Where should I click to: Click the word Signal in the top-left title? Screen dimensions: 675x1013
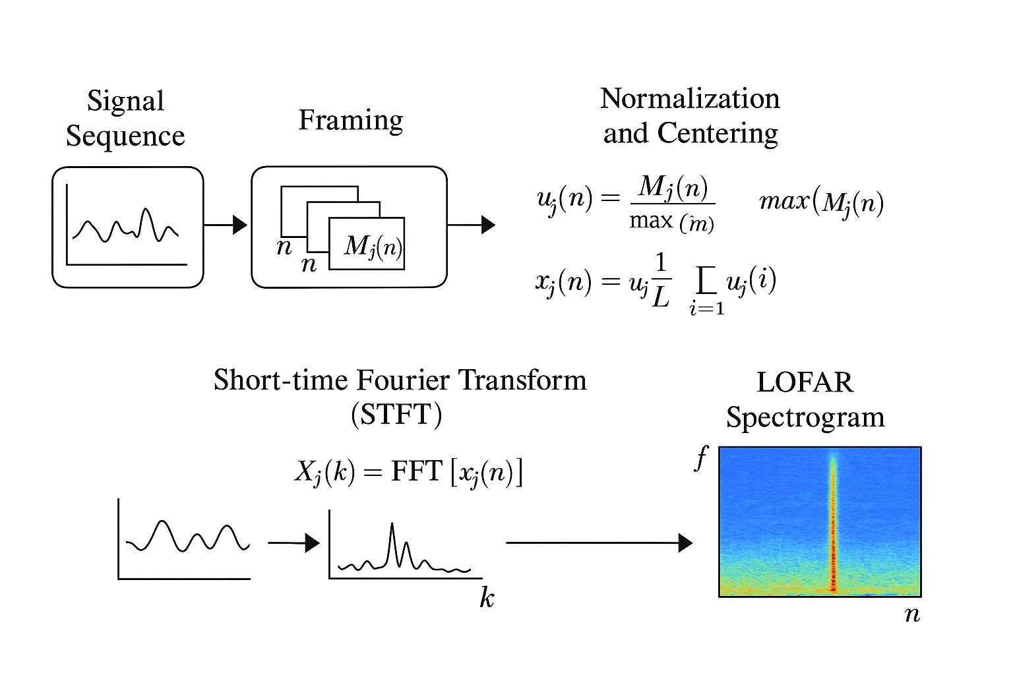(x=125, y=102)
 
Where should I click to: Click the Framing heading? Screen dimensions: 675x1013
(x=350, y=121)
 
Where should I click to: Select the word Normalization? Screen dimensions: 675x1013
(x=690, y=99)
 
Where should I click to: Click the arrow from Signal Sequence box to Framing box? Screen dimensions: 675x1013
(x=225, y=225)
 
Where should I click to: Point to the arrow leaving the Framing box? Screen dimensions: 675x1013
(x=471, y=225)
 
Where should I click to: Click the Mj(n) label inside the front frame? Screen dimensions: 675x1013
(x=373, y=246)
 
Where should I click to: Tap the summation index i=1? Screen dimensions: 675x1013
(x=706, y=308)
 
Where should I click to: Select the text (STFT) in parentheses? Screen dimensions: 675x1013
(x=396, y=415)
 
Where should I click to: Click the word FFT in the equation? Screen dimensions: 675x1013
(x=416, y=472)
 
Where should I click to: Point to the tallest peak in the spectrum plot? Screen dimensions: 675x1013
(x=392, y=527)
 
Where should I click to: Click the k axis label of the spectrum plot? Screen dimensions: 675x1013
(x=487, y=598)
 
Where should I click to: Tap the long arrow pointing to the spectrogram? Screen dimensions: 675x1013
(x=599, y=543)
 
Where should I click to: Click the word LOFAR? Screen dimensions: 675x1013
(x=805, y=382)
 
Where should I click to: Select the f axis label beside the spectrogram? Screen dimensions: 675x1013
(x=701, y=457)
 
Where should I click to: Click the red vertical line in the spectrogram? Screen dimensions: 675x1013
(x=833, y=527)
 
